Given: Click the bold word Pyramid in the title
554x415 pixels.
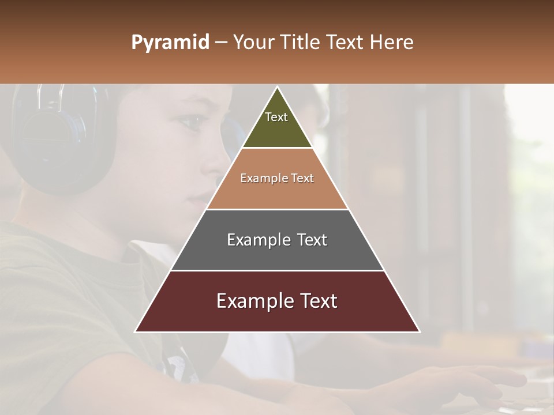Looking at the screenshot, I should (170, 43).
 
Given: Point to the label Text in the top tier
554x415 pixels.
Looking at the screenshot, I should (276, 117).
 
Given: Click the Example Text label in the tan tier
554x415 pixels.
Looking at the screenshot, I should (277, 178).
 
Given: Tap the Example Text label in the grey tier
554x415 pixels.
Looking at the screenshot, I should (277, 240).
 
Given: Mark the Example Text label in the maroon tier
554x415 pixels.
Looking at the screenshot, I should (277, 301).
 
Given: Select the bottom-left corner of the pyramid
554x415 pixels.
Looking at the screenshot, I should (136, 331).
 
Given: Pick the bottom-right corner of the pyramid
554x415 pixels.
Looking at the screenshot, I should (419, 331).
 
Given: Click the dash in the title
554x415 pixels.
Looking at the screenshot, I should (221, 43).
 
